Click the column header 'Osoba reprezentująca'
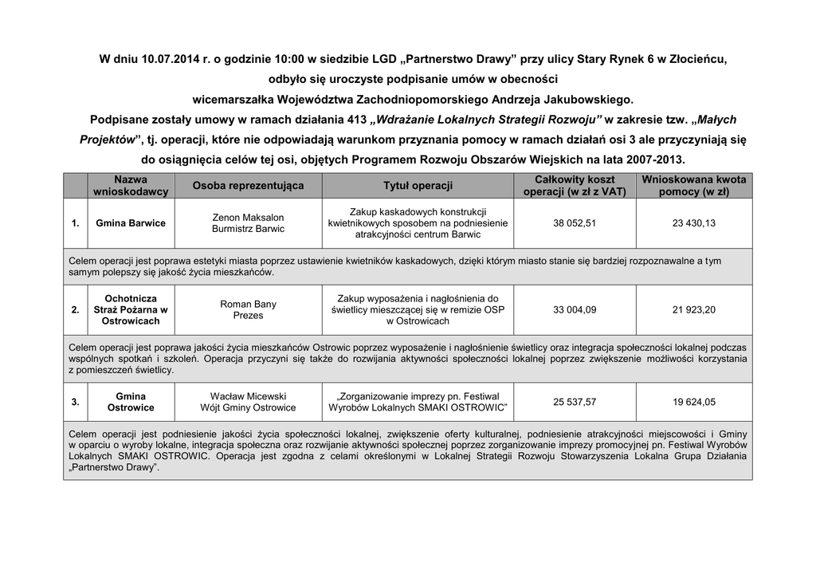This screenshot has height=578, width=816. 248,186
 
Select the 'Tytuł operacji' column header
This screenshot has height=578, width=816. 418,186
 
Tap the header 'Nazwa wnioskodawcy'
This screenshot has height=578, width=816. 131,186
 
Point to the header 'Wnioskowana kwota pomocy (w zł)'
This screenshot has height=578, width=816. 693,186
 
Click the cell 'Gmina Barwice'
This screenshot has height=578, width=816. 131,223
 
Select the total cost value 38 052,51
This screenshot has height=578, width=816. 574,223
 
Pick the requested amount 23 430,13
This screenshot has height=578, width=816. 693,223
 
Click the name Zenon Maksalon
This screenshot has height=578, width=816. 248,217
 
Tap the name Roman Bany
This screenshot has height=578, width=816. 248,304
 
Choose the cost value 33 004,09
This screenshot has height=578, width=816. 574,309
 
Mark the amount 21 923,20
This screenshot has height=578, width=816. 693,309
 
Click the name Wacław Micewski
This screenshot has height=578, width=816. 248,396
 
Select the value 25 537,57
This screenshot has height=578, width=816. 574,402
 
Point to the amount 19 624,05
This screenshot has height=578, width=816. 693,402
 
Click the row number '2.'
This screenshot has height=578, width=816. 75,309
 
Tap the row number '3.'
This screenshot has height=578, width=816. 75,402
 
